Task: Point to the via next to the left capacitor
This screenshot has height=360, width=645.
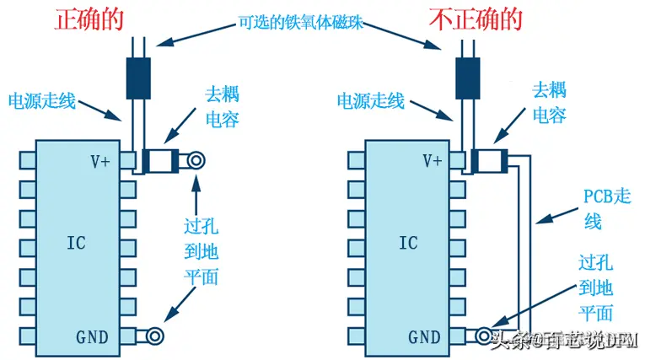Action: pos(197,160)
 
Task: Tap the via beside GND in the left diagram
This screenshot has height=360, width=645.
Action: pos(154,336)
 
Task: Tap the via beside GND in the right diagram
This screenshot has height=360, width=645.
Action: pos(482,336)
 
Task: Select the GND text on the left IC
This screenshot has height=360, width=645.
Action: pos(92,337)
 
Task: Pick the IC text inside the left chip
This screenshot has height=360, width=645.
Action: pos(76,243)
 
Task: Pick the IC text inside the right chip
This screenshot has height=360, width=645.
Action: pos(407,243)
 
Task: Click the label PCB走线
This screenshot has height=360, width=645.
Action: pos(606,208)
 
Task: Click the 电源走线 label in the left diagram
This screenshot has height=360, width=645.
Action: pos(42,102)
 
